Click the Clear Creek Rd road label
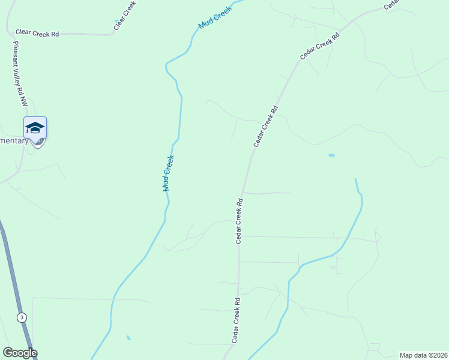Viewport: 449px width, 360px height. pos(37,34)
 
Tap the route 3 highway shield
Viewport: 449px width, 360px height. pos(22,317)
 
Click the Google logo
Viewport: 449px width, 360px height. pos(19,353)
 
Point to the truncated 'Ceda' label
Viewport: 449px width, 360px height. pos(391,4)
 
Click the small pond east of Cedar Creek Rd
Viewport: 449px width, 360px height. pos(331,155)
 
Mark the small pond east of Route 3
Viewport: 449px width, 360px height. pos(128,338)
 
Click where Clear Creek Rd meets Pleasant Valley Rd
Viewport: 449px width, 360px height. pos(10,34)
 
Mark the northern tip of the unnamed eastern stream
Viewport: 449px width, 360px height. pos(355,179)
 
